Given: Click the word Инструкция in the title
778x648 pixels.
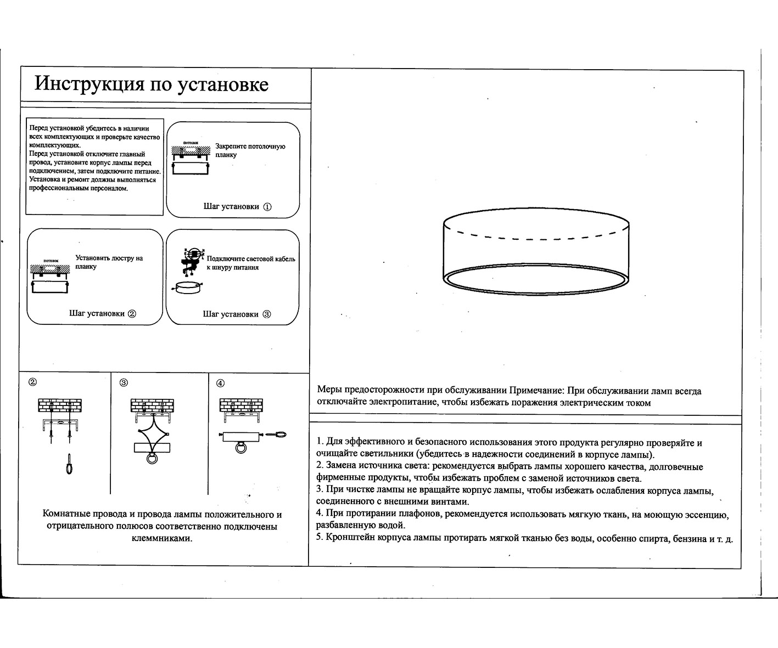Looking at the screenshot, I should (84, 84).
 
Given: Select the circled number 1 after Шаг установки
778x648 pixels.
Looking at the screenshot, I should (267, 207).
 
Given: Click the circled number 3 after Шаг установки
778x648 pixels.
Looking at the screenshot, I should (267, 314).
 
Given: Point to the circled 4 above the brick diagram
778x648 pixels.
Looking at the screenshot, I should (220, 383).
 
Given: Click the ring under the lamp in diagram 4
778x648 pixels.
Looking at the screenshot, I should (241, 448).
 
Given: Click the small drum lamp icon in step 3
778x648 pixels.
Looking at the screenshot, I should (186, 287).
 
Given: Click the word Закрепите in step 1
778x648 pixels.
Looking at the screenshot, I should (231, 146).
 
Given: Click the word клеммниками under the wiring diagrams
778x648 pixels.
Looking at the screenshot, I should (163, 538).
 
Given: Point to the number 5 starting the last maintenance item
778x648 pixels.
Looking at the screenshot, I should (319, 538).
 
